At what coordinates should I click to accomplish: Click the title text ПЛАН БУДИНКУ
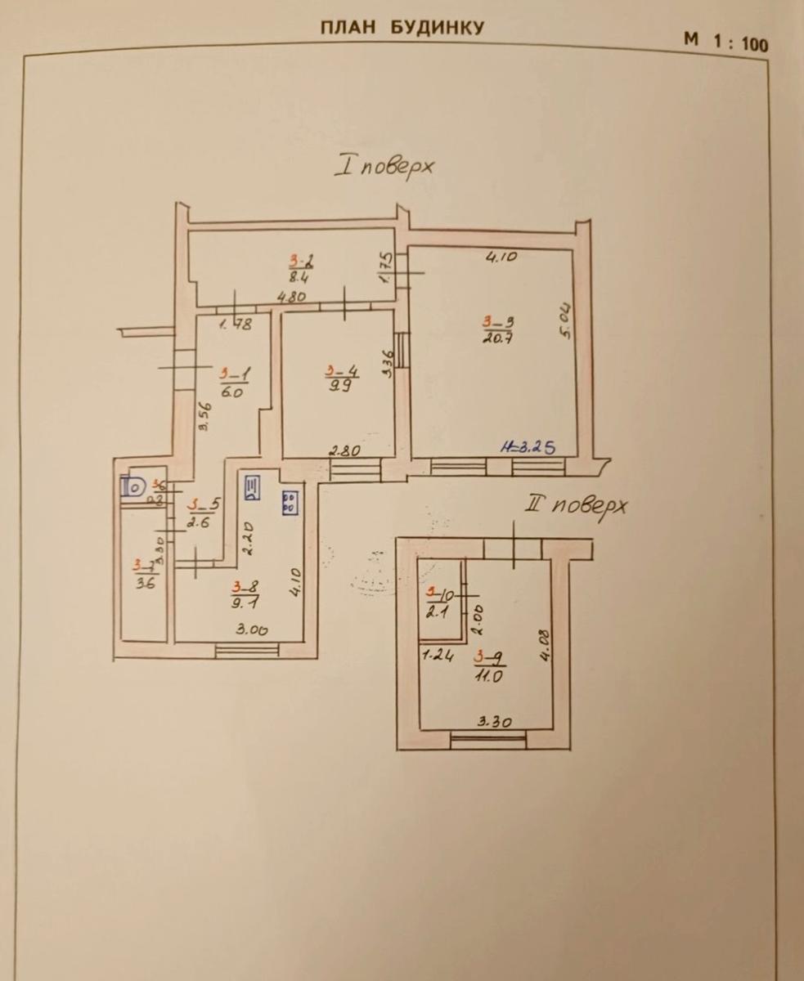coord(401,27)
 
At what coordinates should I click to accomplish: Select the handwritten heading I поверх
coord(385,166)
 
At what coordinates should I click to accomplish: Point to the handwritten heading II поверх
coord(577,505)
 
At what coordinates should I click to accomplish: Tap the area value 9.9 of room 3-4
coord(336,387)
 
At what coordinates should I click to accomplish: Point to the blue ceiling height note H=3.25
coord(529,447)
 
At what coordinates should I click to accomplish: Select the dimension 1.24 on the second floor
coord(438,655)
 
